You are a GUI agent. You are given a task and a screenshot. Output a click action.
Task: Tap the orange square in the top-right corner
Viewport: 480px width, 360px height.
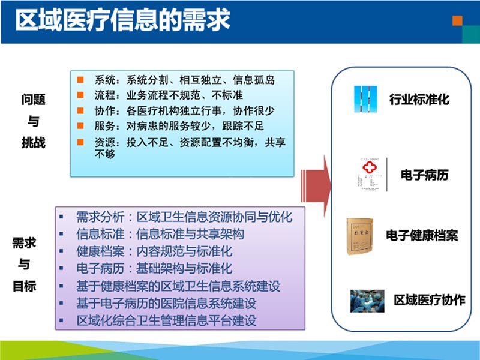click(x=458, y=20)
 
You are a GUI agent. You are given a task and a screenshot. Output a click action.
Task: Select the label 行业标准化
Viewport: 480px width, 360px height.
click(x=419, y=100)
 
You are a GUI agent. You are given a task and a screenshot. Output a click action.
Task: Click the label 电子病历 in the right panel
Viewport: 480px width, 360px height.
click(x=424, y=175)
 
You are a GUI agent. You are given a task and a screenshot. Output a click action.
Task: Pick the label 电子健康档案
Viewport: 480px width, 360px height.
click(x=422, y=235)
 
